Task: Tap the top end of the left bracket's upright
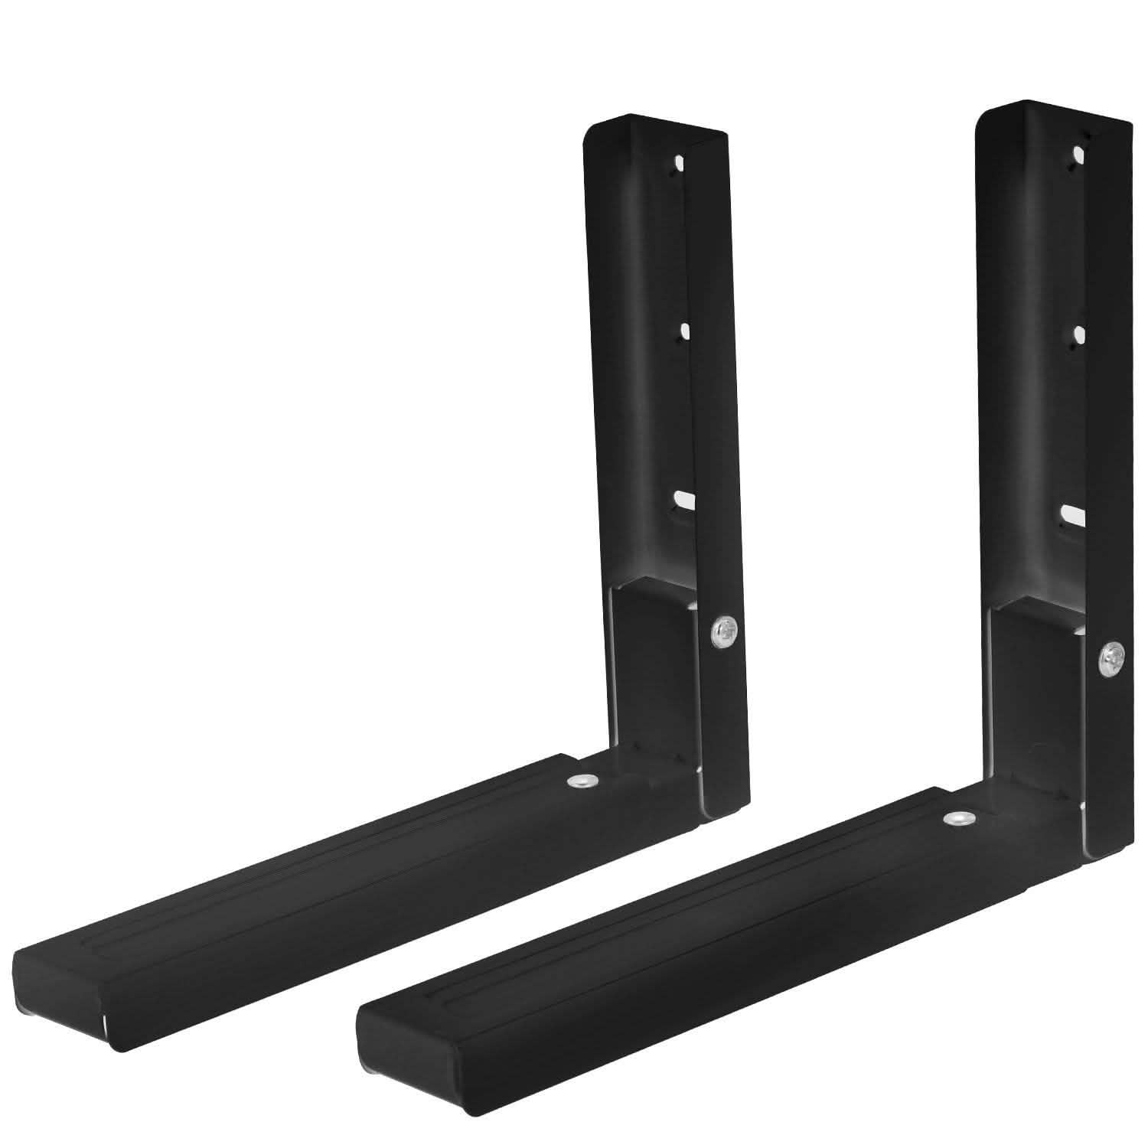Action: point(654,127)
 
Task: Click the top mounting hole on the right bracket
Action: point(1079,156)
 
